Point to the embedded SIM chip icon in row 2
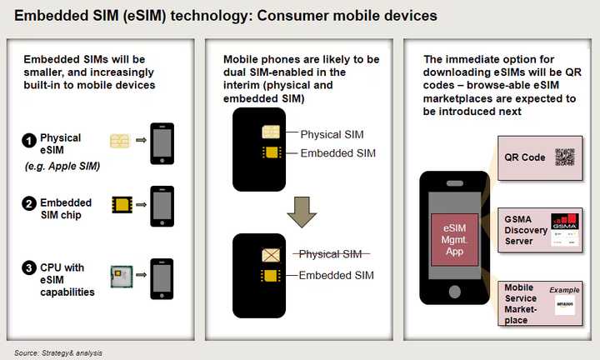[122, 203]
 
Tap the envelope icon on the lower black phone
[271, 255]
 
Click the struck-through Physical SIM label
[331, 254]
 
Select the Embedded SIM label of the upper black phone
[337, 153]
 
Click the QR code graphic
[565, 157]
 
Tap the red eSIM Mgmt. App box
[454, 239]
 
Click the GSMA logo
[565, 225]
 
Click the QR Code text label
[524, 157]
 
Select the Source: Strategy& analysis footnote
[59, 353]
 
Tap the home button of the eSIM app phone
[454, 290]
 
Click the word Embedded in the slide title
[51, 15]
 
